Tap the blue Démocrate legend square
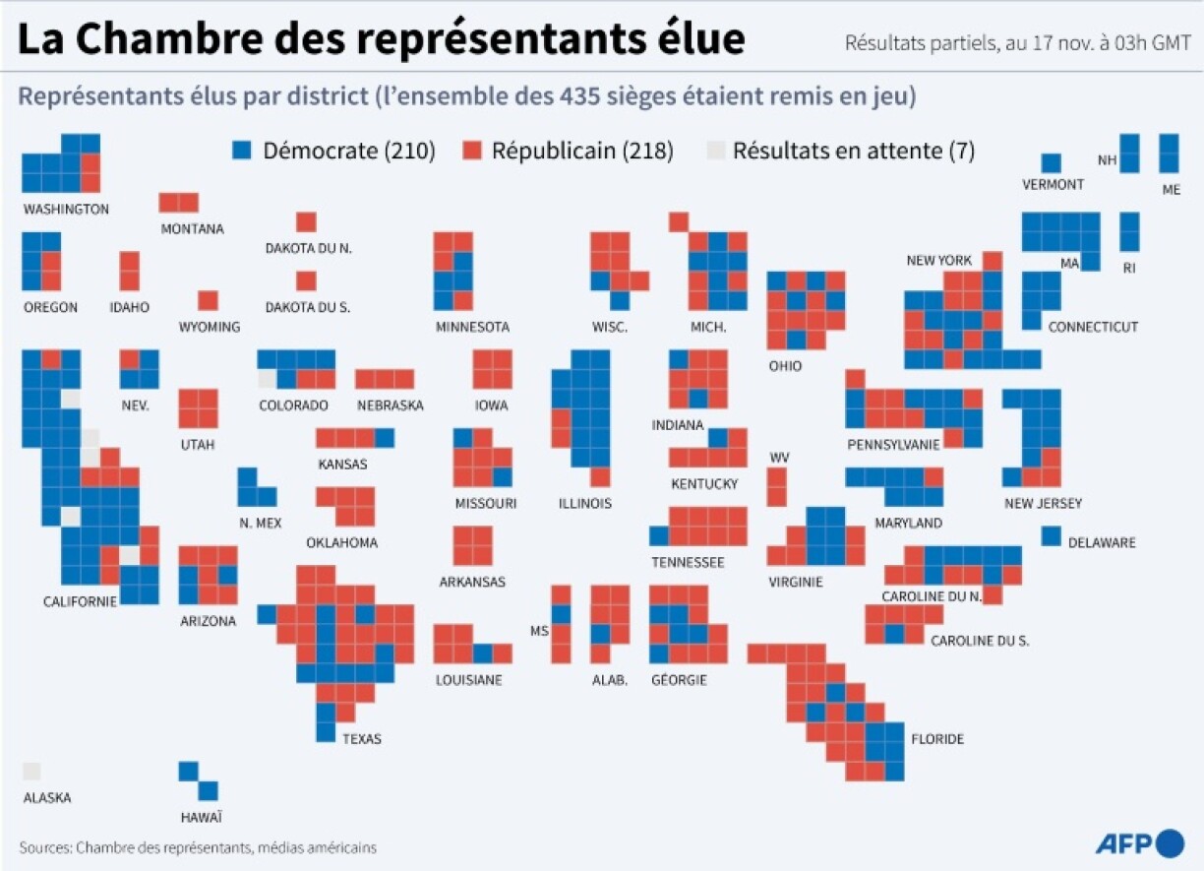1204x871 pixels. (242, 151)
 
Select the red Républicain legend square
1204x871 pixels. (474, 151)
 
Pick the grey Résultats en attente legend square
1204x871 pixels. (716, 151)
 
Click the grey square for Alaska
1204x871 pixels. (31, 773)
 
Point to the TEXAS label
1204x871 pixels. (361, 739)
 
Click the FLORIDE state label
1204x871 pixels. (937, 739)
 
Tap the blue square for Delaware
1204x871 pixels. (1052, 536)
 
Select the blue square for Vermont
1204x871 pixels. (1052, 163)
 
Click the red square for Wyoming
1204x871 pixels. (208, 300)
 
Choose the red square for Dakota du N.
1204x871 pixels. (306, 221)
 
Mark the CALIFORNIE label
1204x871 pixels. (80, 601)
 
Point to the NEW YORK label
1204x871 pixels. (938, 261)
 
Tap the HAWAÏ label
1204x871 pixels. (201, 817)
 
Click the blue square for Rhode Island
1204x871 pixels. (1129, 231)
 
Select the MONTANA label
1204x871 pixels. (192, 228)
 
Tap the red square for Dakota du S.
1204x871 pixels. (306, 280)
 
